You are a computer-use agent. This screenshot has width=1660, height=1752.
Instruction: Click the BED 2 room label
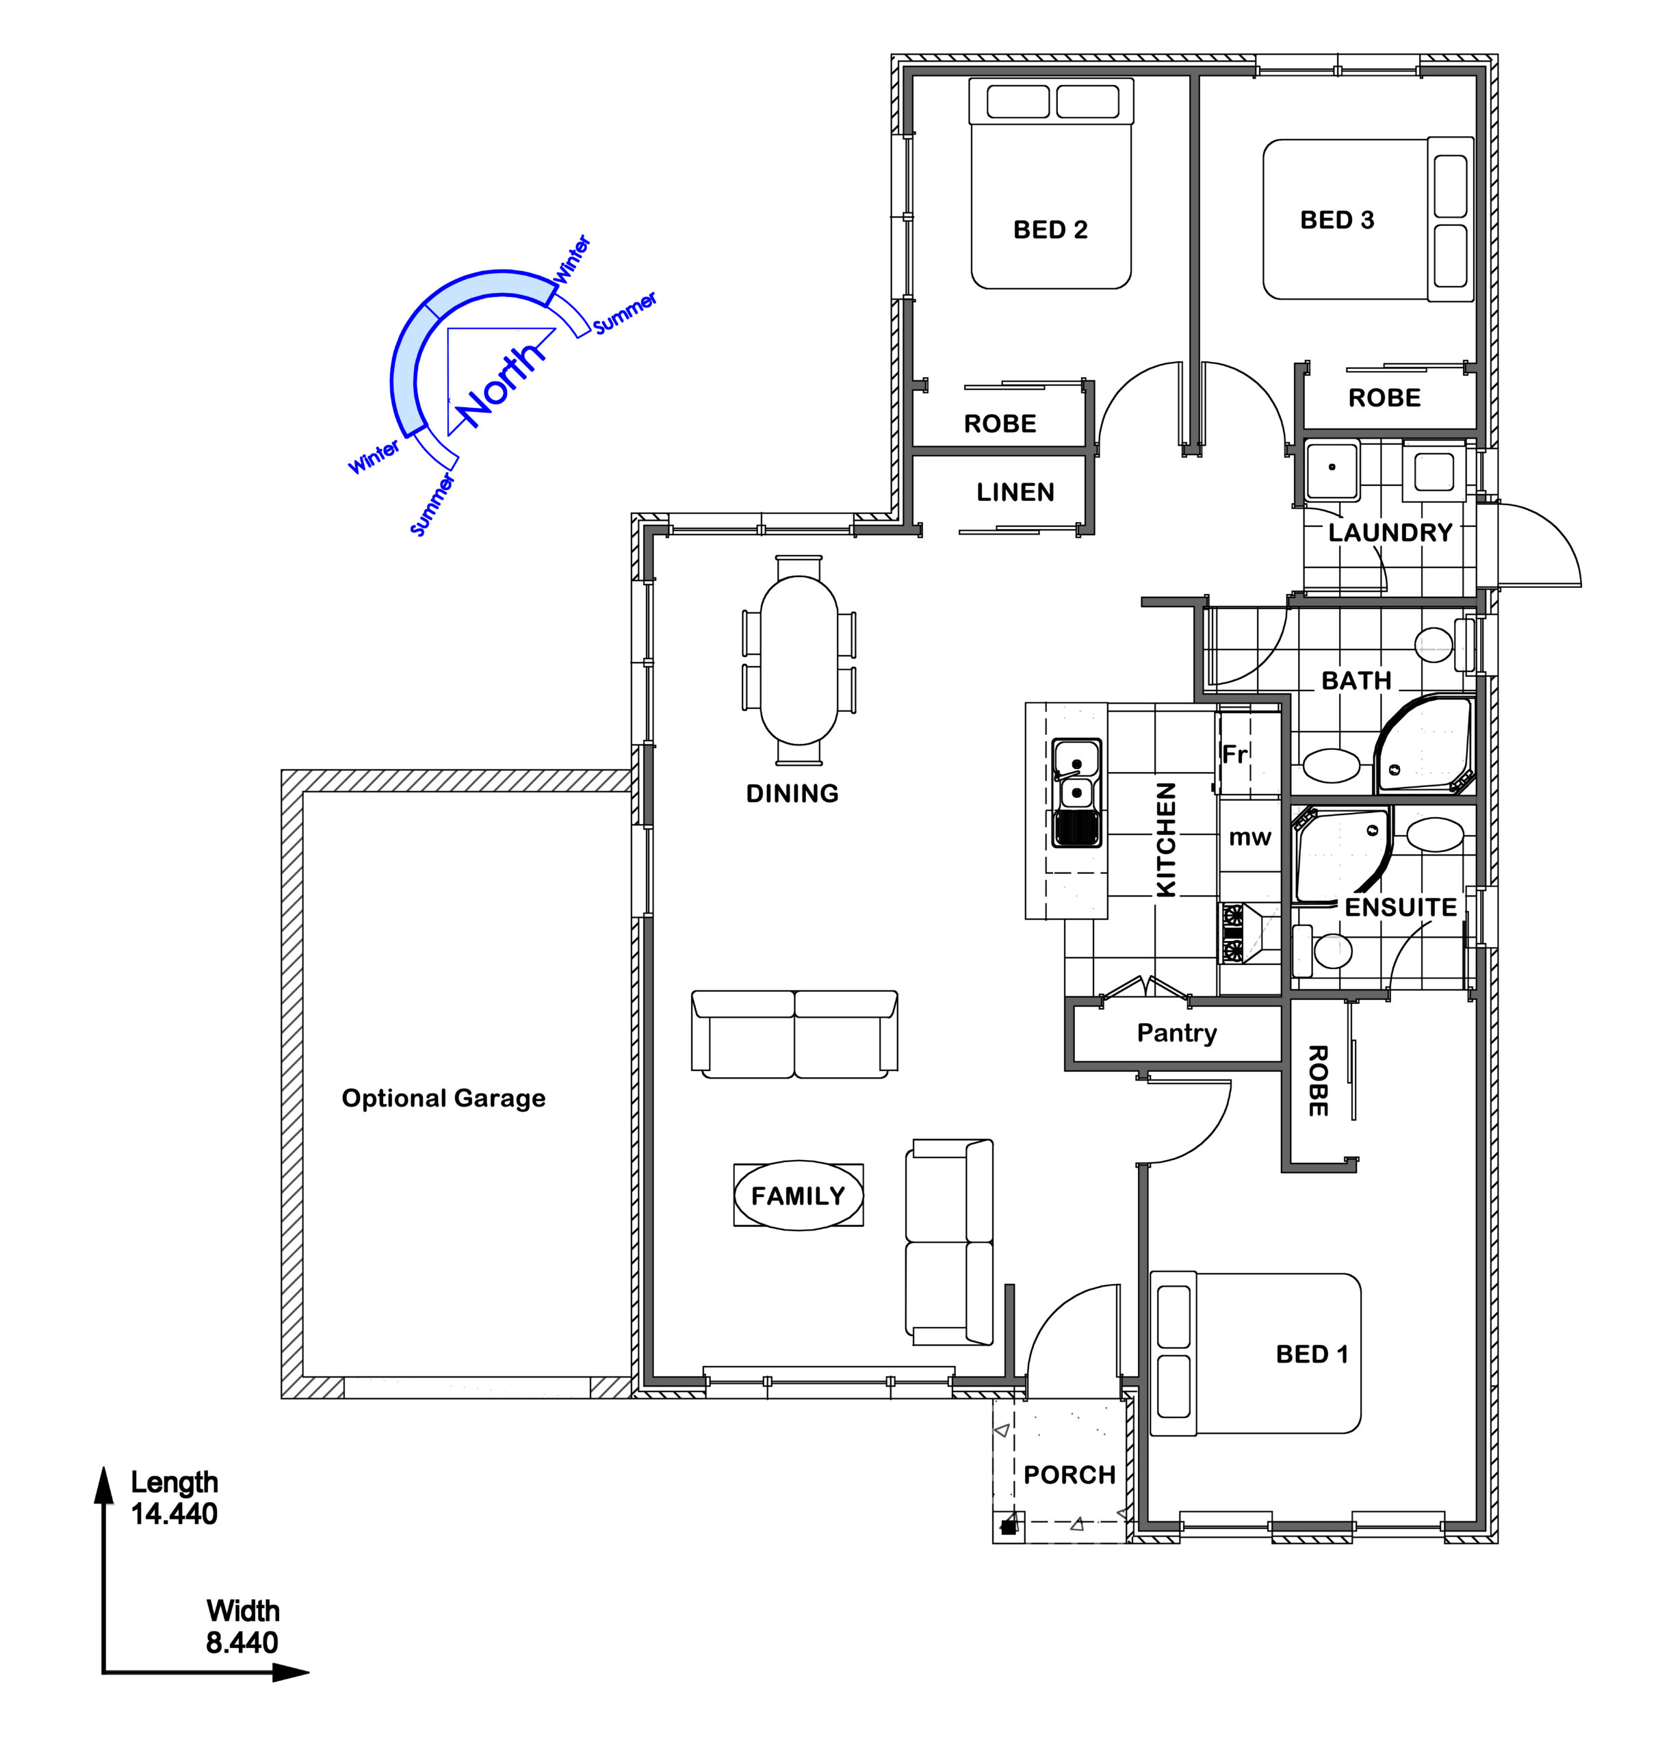pos(1050,230)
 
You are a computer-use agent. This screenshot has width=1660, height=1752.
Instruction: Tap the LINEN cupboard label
pos(1015,492)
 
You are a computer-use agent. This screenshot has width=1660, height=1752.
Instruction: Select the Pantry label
pos(1176,1033)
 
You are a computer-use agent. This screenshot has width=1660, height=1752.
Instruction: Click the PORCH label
pos(1069,1475)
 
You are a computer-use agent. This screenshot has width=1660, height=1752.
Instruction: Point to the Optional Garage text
pos(443,1099)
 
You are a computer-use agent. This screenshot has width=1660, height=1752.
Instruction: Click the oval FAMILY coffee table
pos(798,1196)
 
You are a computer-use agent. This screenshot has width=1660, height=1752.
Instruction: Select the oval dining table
pos(799,660)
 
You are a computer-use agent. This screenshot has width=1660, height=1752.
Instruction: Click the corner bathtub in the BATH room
pos(1423,745)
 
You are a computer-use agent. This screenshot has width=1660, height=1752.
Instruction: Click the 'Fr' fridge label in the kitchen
pos(1234,755)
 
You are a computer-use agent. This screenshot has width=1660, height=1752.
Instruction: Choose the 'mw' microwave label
pos(1249,838)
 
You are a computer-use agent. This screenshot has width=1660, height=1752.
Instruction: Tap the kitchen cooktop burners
pos(1232,933)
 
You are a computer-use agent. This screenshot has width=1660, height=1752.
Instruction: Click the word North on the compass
pos(502,383)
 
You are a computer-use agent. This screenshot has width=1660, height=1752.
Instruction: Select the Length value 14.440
pos(174,1514)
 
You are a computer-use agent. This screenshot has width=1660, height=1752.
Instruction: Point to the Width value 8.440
pos(242,1642)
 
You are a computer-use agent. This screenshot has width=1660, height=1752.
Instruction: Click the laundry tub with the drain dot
pos(1332,469)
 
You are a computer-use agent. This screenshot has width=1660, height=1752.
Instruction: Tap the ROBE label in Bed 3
pos(1384,398)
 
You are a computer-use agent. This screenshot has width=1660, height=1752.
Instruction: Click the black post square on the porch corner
pos(1008,1528)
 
